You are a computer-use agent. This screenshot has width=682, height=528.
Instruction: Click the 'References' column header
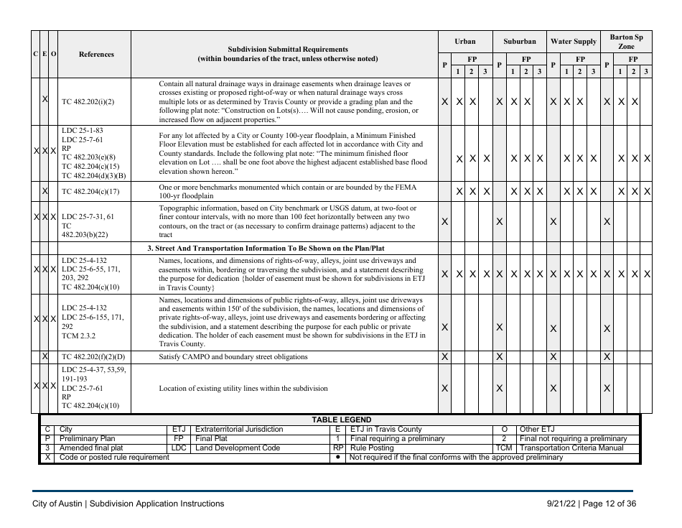pyautogui.click(x=96, y=54)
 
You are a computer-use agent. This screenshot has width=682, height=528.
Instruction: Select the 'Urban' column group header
pyautogui.click(x=464, y=42)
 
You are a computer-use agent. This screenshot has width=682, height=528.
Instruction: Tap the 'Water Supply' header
pyautogui.click(x=573, y=42)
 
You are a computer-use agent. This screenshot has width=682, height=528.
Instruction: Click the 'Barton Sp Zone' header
pyautogui.click(x=626, y=41)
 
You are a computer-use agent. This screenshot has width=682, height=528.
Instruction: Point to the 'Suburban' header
pyautogui.click(x=519, y=42)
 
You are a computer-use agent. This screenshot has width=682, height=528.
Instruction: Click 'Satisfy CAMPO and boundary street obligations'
pyautogui.click(x=235, y=356)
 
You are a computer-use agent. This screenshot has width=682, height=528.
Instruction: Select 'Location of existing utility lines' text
pyautogui.click(x=243, y=388)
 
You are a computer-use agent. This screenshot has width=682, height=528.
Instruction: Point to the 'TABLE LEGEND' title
pyautogui.click(x=341, y=420)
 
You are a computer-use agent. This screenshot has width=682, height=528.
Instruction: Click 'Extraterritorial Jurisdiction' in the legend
pyautogui.click(x=239, y=430)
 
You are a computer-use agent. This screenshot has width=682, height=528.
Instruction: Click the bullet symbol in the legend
pyautogui.click(x=337, y=458)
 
